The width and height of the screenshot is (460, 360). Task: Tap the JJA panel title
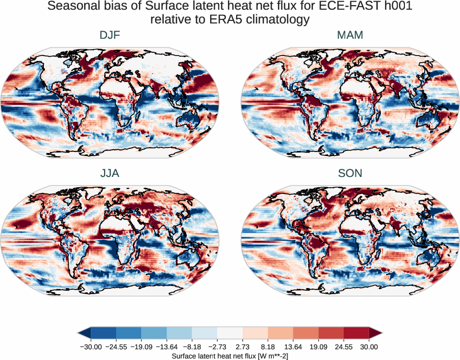tap(110, 173)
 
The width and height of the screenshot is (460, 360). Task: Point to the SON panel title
tap(350, 173)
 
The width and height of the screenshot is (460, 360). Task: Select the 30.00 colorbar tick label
tap(369, 347)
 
